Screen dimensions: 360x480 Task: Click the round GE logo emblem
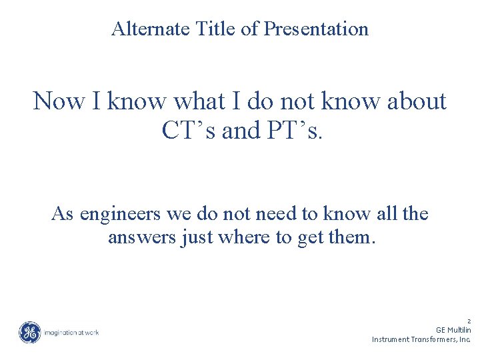(x=29, y=332)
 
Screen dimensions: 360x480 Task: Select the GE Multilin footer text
(x=453, y=330)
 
